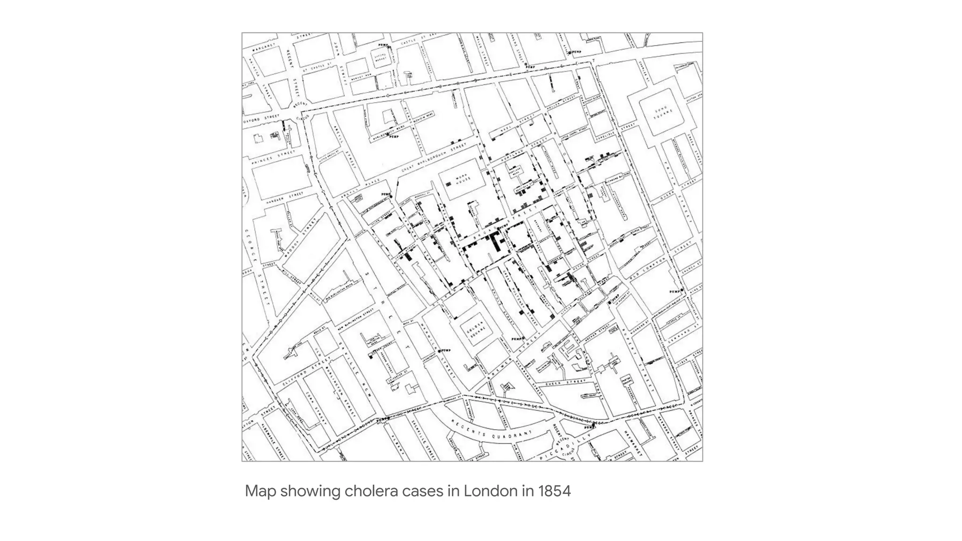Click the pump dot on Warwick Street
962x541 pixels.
[x=440, y=351]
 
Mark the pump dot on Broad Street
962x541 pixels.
[x=499, y=228]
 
